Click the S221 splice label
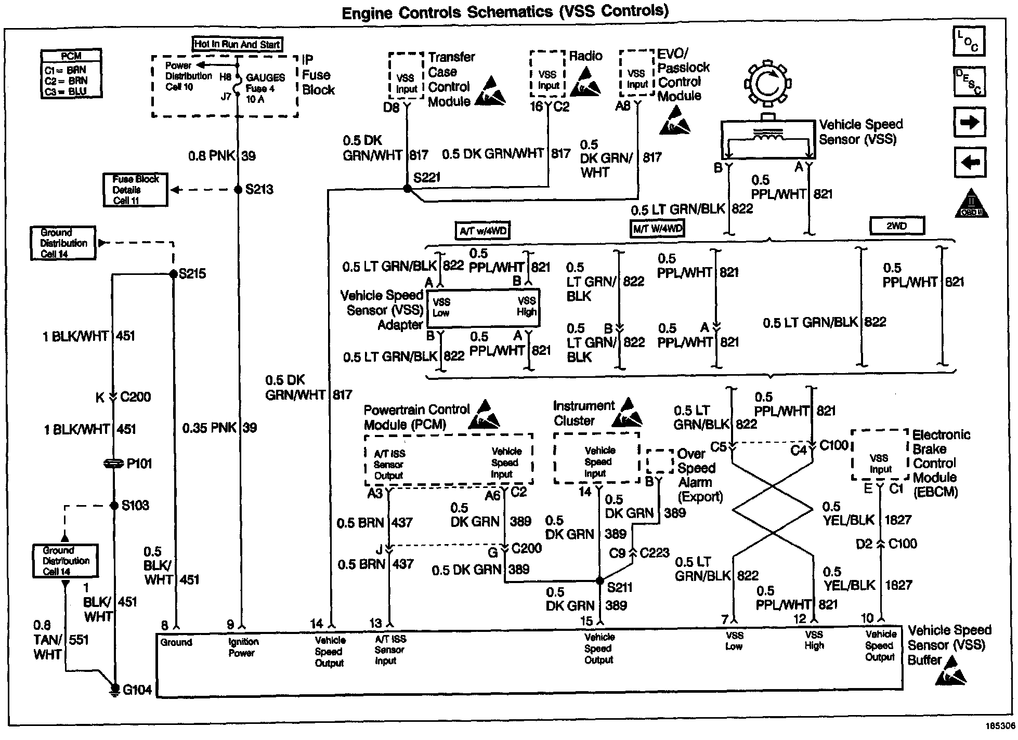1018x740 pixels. point(427,178)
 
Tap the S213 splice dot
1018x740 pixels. point(238,190)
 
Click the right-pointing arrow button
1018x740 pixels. point(970,123)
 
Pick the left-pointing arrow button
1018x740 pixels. point(970,163)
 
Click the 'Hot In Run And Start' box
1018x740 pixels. point(238,44)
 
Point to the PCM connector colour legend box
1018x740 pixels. point(71,74)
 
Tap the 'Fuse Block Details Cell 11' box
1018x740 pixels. point(136,190)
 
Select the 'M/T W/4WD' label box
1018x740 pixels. point(657,228)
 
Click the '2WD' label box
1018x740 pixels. point(897,226)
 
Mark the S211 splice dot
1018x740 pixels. point(599,580)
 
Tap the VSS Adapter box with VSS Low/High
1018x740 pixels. point(483,308)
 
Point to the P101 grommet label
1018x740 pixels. point(139,464)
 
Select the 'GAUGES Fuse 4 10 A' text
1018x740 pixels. point(265,88)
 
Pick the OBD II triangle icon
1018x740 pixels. point(971,204)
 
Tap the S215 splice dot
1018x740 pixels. point(174,274)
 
